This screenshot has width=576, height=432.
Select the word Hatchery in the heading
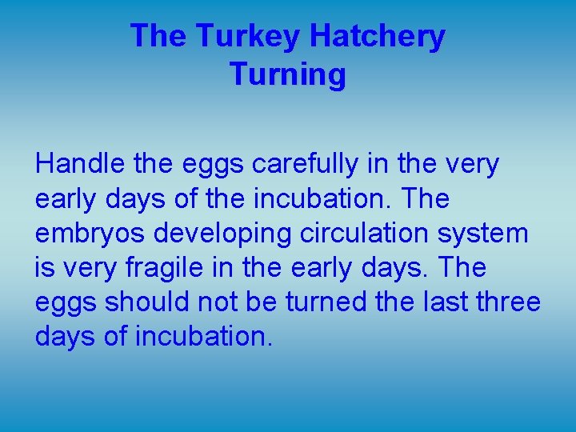(377, 37)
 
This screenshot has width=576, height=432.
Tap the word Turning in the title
(288, 74)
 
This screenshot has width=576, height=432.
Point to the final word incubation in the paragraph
(203, 337)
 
